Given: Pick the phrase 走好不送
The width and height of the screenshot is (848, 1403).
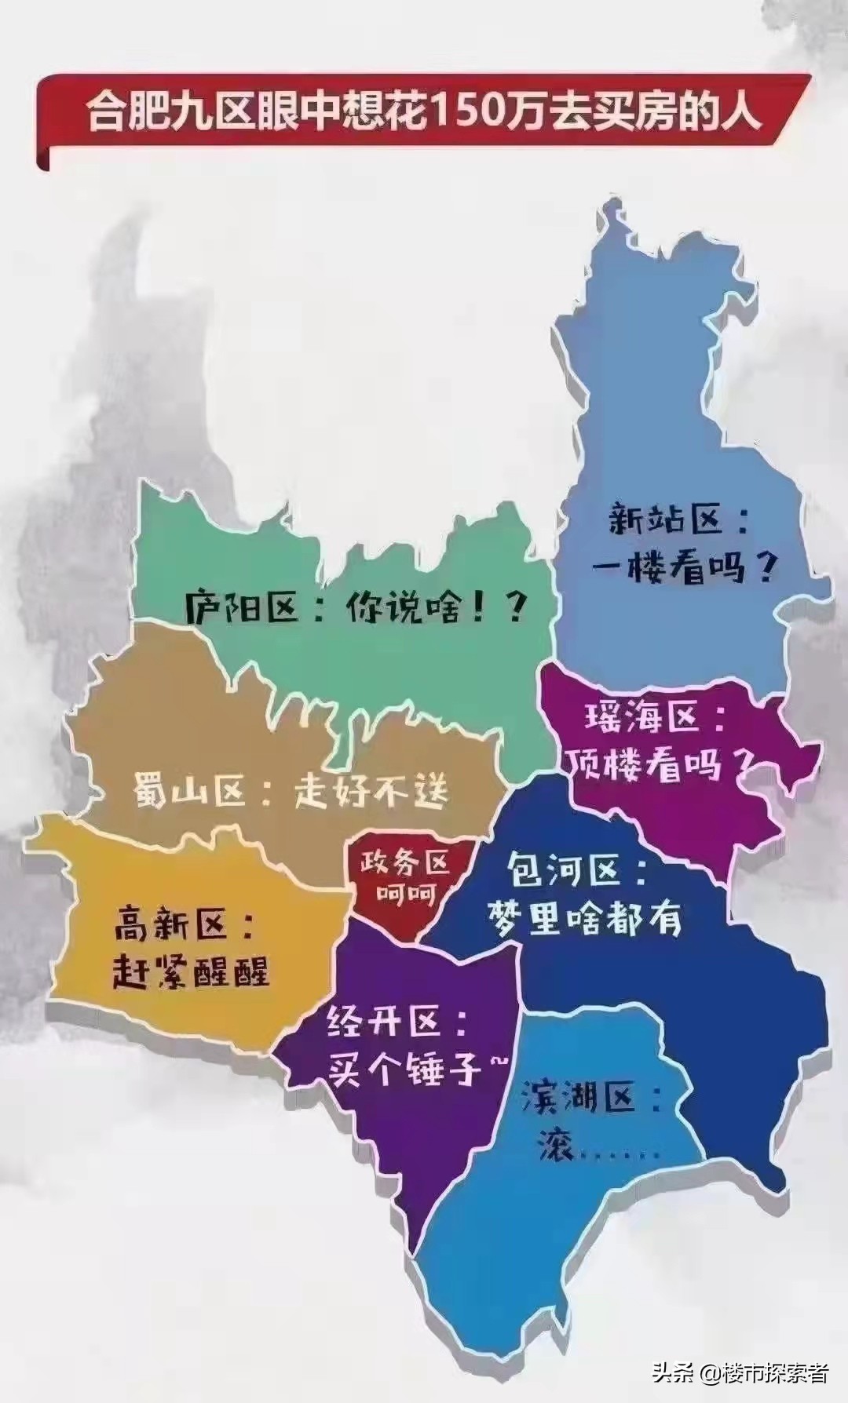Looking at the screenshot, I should [x=372, y=790].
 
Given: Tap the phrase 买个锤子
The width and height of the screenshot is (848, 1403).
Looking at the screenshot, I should [x=405, y=1067].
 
